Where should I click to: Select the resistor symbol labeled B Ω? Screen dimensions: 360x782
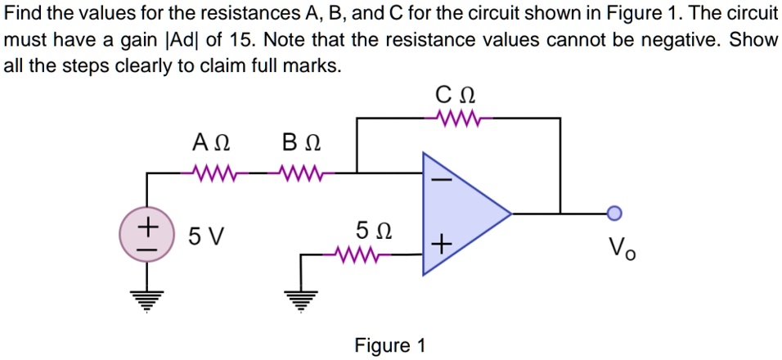click(301, 173)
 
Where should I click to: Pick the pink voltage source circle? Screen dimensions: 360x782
click(148, 233)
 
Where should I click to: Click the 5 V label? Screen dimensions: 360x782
click(204, 237)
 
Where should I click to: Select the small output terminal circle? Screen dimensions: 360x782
click(615, 214)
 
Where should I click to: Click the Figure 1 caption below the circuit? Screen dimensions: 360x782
click(390, 345)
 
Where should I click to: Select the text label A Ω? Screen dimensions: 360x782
click(210, 144)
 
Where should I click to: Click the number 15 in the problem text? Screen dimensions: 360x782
click(245, 40)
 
